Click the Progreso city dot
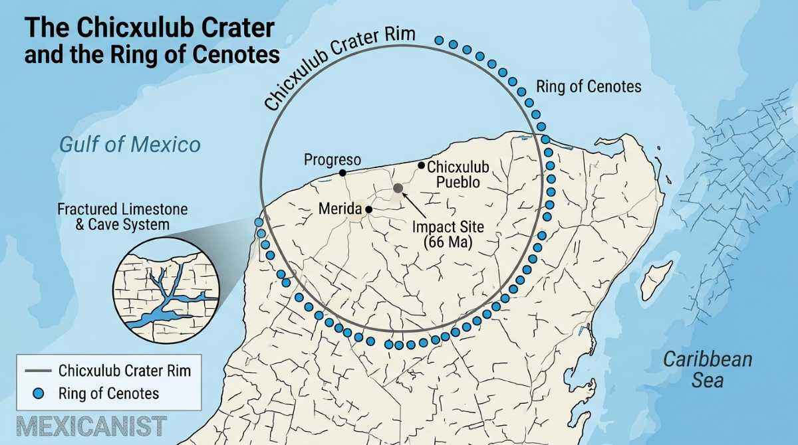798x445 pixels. [x=342, y=173]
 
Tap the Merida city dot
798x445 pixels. [x=368, y=209]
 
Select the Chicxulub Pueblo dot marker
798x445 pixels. [x=421, y=165]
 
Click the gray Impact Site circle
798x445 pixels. [x=398, y=188]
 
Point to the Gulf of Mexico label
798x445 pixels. [x=130, y=144]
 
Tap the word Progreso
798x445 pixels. [x=332, y=159]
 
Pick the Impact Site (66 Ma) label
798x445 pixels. [x=448, y=234]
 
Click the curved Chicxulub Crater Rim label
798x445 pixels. [x=339, y=66]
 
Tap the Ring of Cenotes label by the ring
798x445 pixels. [x=589, y=86]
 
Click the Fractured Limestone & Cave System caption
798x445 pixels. [x=122, y=217]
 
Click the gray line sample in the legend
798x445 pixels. [x=38, y=371]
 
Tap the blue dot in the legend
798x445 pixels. [x=38, y=393]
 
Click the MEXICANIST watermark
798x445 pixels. [x=92, y=426]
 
